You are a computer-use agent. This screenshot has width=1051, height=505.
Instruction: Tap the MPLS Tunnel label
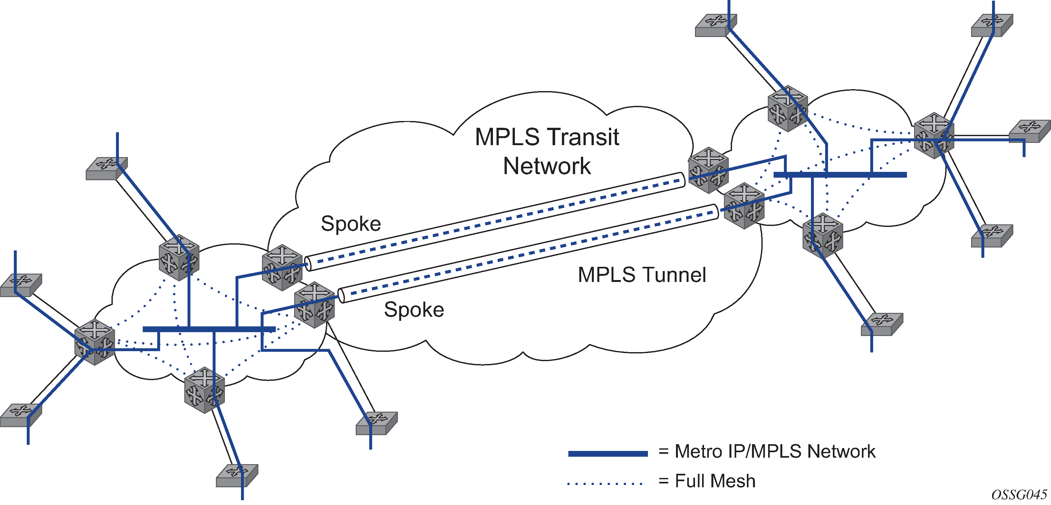click(x=642, y=275)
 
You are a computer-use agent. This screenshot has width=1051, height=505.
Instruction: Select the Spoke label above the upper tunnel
click(x=351, y=224)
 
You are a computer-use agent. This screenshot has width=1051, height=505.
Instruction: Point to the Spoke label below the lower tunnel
click(x=414, y=310)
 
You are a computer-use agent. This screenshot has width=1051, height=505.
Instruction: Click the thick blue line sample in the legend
click(x=608, y=454)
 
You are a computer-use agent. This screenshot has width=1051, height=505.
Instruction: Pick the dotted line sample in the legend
click(x=605, y=484)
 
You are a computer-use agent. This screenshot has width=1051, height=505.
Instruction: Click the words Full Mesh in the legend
click(x=715, y=481)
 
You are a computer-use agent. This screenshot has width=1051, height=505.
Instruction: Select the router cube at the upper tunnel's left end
click(x=282, y=267)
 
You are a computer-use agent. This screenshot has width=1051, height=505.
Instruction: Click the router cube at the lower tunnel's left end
click(x=314, y=304)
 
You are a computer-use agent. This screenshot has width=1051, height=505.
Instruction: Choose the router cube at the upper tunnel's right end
click(x=708, y=170)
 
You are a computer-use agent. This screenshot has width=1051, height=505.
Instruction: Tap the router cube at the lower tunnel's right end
click(x=744, y=205)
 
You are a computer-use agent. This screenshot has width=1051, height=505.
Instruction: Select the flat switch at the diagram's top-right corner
click(x=992, y=25)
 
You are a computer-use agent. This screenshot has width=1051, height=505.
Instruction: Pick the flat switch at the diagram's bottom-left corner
click(x=20, y=415)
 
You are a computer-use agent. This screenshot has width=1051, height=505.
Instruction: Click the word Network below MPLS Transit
click(x=547, y=166)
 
